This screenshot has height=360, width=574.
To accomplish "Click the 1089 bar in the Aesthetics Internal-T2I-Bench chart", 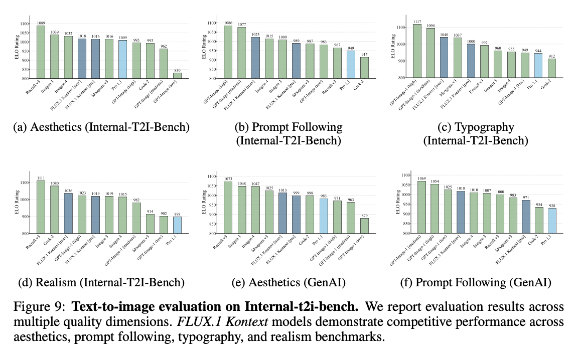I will (41, 52).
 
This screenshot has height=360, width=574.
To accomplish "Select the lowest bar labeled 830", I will (177, 76).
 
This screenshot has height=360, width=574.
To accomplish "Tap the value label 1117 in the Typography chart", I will (416, 22).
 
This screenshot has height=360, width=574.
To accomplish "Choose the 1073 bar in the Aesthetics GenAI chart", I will (228, 207).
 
